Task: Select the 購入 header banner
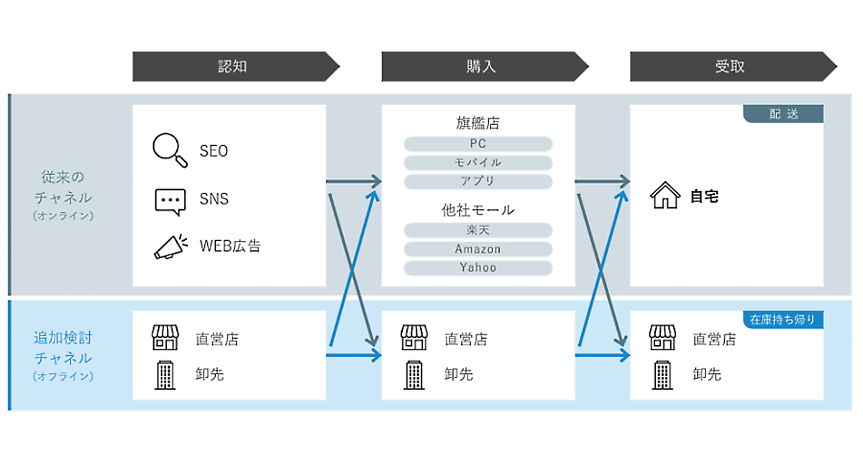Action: (481, 67)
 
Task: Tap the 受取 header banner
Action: (730, 67)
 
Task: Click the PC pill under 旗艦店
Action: (478, 144)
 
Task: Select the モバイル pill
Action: (478, 163)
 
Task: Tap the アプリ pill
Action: (478, 181)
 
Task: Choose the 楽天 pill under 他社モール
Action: (478, 230)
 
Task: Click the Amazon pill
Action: (478, 249)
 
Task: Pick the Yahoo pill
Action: (478, 267)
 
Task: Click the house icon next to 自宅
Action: (665, 196)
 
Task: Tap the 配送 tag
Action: (784, 114)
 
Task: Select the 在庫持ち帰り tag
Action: (782, 320)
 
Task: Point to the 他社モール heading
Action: (478, 210)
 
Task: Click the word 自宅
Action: (704, 196)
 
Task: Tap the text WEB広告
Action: (230, 247)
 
